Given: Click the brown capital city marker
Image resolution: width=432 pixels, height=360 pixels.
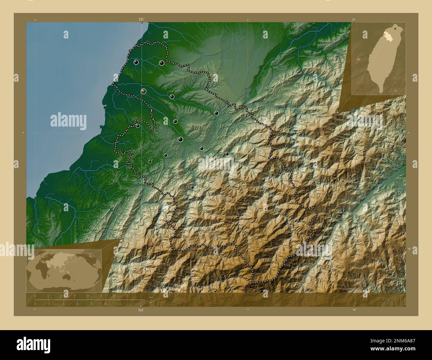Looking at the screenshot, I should pos(143,91).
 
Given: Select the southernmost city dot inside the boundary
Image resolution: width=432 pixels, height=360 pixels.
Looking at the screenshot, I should pos(192,188).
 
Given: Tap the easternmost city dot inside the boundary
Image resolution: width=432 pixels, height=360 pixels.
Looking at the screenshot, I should pos(227,154).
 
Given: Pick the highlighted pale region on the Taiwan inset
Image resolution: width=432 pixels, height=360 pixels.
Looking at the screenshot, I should pos(387,35).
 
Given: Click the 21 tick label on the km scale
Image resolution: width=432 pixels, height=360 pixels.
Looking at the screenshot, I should pos(127,296).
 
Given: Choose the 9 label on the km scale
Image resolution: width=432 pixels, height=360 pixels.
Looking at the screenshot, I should pos(74,296).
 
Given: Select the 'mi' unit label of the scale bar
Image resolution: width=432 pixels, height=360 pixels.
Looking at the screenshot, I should pos(151,302).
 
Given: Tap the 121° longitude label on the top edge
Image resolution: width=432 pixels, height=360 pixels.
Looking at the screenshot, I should pos(142,20).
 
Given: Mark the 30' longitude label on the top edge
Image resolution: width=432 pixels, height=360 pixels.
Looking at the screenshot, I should pos(354,20).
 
